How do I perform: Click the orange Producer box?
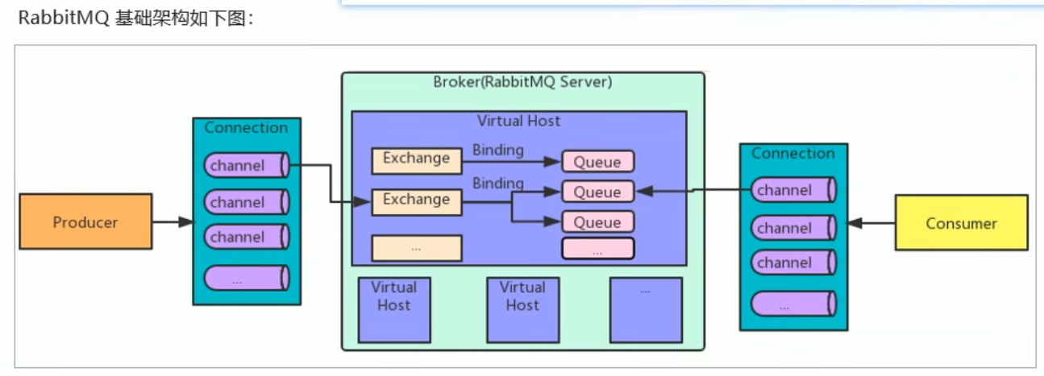pyautogui.click(x=85, y=221)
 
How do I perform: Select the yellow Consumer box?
pyautogui.click(x=961, y=223)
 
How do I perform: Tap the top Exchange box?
pyautogui.click(x=416, y=159)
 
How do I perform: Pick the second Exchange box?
pyautogui.click(x=416, y=200)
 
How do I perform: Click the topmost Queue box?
pyautogui.click(x=597, y=162)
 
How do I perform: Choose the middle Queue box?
pyautogui.click(x=597, y=192)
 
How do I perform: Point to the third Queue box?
pyautogui.click(x=597, y=221)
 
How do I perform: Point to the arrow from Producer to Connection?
pyautogui.click(x=173, y=221)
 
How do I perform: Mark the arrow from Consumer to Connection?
pyautogui.click(x=871, y=223)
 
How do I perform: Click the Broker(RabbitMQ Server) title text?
pyautogui.click(x=522, y=82)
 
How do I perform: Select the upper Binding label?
pyautogui.click(x=497, y=150)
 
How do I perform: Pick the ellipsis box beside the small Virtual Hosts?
pyautogui.click(x=646, y=308)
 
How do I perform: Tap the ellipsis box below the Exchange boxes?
pyautogui.click(x=416, y=248)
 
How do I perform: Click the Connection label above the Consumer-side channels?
pyautogui.click(x=793, y=153)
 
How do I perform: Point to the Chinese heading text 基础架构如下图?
pyautogui.click(x=185, y=19)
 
